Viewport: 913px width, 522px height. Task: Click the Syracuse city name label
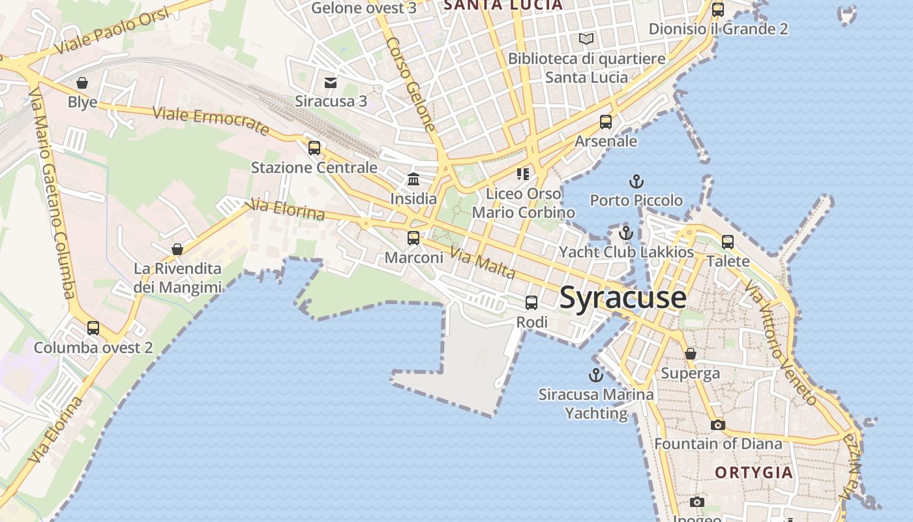(x=623, y=298)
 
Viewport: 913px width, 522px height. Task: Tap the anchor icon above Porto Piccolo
(x=636, y=181)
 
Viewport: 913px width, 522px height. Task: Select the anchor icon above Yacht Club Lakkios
(x=626, y=232)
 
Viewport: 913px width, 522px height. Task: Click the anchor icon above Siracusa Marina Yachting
(x=595, y=375)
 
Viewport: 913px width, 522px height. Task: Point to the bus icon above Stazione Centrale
(x=314, y=147)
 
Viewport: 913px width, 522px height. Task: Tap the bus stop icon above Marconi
(x=413, y=238)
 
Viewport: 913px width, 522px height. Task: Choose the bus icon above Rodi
(x=531, y=302)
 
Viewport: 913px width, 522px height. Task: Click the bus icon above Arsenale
(x=606, y=121)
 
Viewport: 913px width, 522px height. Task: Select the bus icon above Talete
(x=728, y=242)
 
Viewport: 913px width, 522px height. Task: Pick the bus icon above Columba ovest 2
(x=93, y=328)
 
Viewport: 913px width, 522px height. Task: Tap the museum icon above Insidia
(x=413, y=179)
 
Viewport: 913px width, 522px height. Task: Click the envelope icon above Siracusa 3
(x=331, y=82)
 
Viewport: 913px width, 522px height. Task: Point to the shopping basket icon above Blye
(x=82, y=83)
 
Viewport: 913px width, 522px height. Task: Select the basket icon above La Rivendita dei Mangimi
(x=177, y=249)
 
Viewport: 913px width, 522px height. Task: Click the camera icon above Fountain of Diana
(x=717, y=425)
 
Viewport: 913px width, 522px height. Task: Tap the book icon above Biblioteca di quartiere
(x=586, y=39)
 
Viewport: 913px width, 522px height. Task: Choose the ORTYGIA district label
(x=754, y=472)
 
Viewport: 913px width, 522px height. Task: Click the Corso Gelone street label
(x=410, y=85)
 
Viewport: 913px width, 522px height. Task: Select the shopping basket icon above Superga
(x=691, y=354)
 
